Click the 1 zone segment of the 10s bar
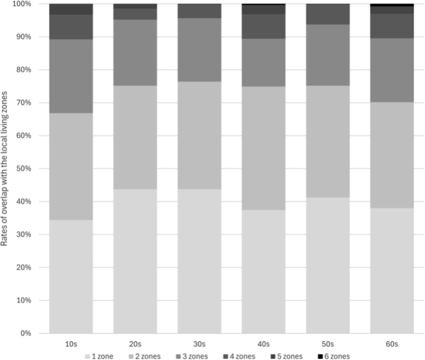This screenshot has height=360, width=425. (71, 276)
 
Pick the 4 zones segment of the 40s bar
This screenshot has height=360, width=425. (263, 26)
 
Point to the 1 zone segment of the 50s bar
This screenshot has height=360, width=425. (328, 265)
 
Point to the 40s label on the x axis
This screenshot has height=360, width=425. (263, 344)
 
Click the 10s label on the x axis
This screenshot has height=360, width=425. (71, 344)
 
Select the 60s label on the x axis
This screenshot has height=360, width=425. (392, 344)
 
